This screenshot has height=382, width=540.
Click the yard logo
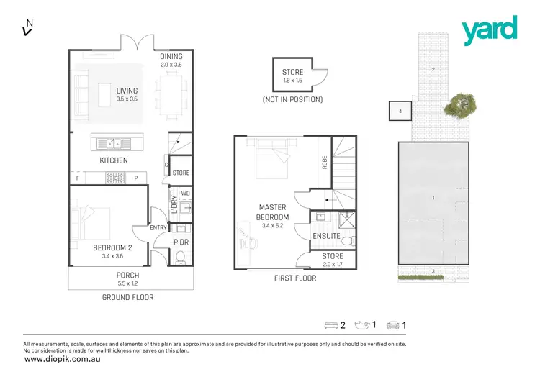click(x=489, y=29)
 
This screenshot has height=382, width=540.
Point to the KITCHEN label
click(x=114, y=160)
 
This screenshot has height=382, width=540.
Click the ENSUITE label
click(x=326, y=235)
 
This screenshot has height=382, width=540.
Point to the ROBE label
click(x=324, y=163)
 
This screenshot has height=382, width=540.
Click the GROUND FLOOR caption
click(x=127, y=297)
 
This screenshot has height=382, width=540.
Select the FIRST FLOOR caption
click(x=295, y=278)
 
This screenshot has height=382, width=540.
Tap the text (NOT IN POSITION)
click(x=292, y=99)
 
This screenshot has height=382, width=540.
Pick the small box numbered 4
click(x=400, y=111)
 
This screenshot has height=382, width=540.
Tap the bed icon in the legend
click(x=332, y=325)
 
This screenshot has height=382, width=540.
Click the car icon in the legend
click(x=393, y=325)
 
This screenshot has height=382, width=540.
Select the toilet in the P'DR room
click(x=181, y=256)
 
